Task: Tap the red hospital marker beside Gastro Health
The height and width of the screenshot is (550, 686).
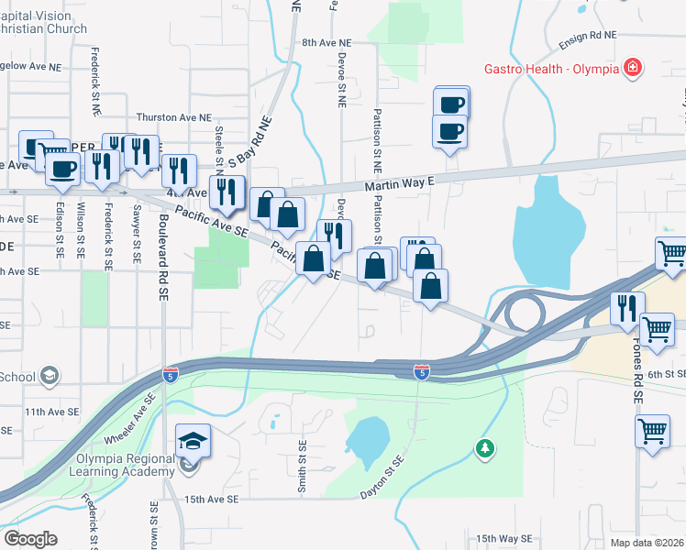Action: (631, 68)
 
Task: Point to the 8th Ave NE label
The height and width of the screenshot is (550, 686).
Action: (326, 43)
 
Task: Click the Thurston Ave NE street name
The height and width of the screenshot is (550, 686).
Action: (173, 117)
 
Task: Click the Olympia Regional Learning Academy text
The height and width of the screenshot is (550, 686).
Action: (121, 465)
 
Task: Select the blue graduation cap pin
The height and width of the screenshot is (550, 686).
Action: (193, 442)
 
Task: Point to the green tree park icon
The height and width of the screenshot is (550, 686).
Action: (484, 448)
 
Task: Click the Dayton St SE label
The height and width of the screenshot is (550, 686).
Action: (382, 478)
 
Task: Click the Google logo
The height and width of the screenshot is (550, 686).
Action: (30, 539)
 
